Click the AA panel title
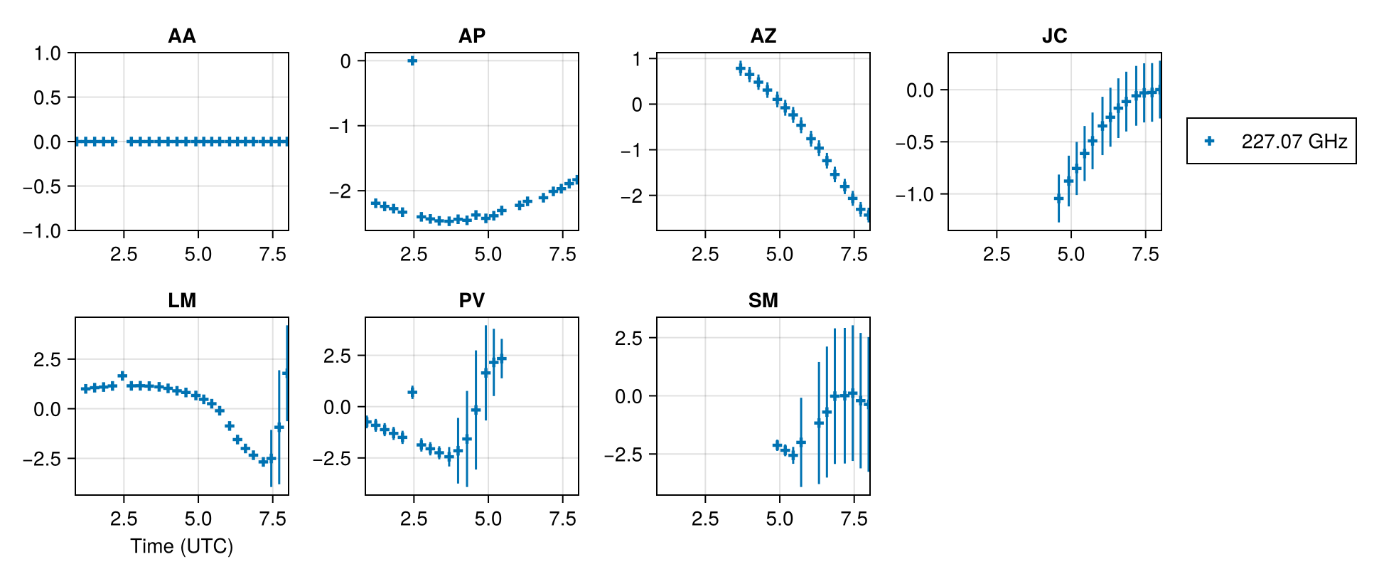pyautogui.click(x=181, y=36)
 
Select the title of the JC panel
pyautogui.click(x=1054, y=36)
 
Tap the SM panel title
pyautogui.click(x=763, y=300)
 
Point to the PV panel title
pyautogui.click(x=471, y=300)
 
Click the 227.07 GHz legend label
pyautogui.click(x=1294, y=142)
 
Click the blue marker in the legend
pyautogui.click(x=1210, y=141)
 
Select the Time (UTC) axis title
pyautogui.click(x=181, y=546)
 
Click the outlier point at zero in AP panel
pyautogui.click(x=412, y=61)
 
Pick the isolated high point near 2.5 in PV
pyautogui.click(x=412, y=392)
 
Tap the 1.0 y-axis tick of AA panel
pyautogui.click(x=48, y=53)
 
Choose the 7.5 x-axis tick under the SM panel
pyautogui.click(x=854, y=519)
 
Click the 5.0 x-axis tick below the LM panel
pyautogui.click(x=198, y=519)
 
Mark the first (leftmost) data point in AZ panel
pyautogui.click(x=741, y=68)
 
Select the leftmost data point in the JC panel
pyautogui.click(x=1058, y=198)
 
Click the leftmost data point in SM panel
pyautogui.click(x=777, y=445)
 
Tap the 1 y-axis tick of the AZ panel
pyautogui.click(x=636, y=59)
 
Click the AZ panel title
pyautogui.click(x=763, y=36)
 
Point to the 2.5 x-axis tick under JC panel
pyautogui.click(x=996, y=255)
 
